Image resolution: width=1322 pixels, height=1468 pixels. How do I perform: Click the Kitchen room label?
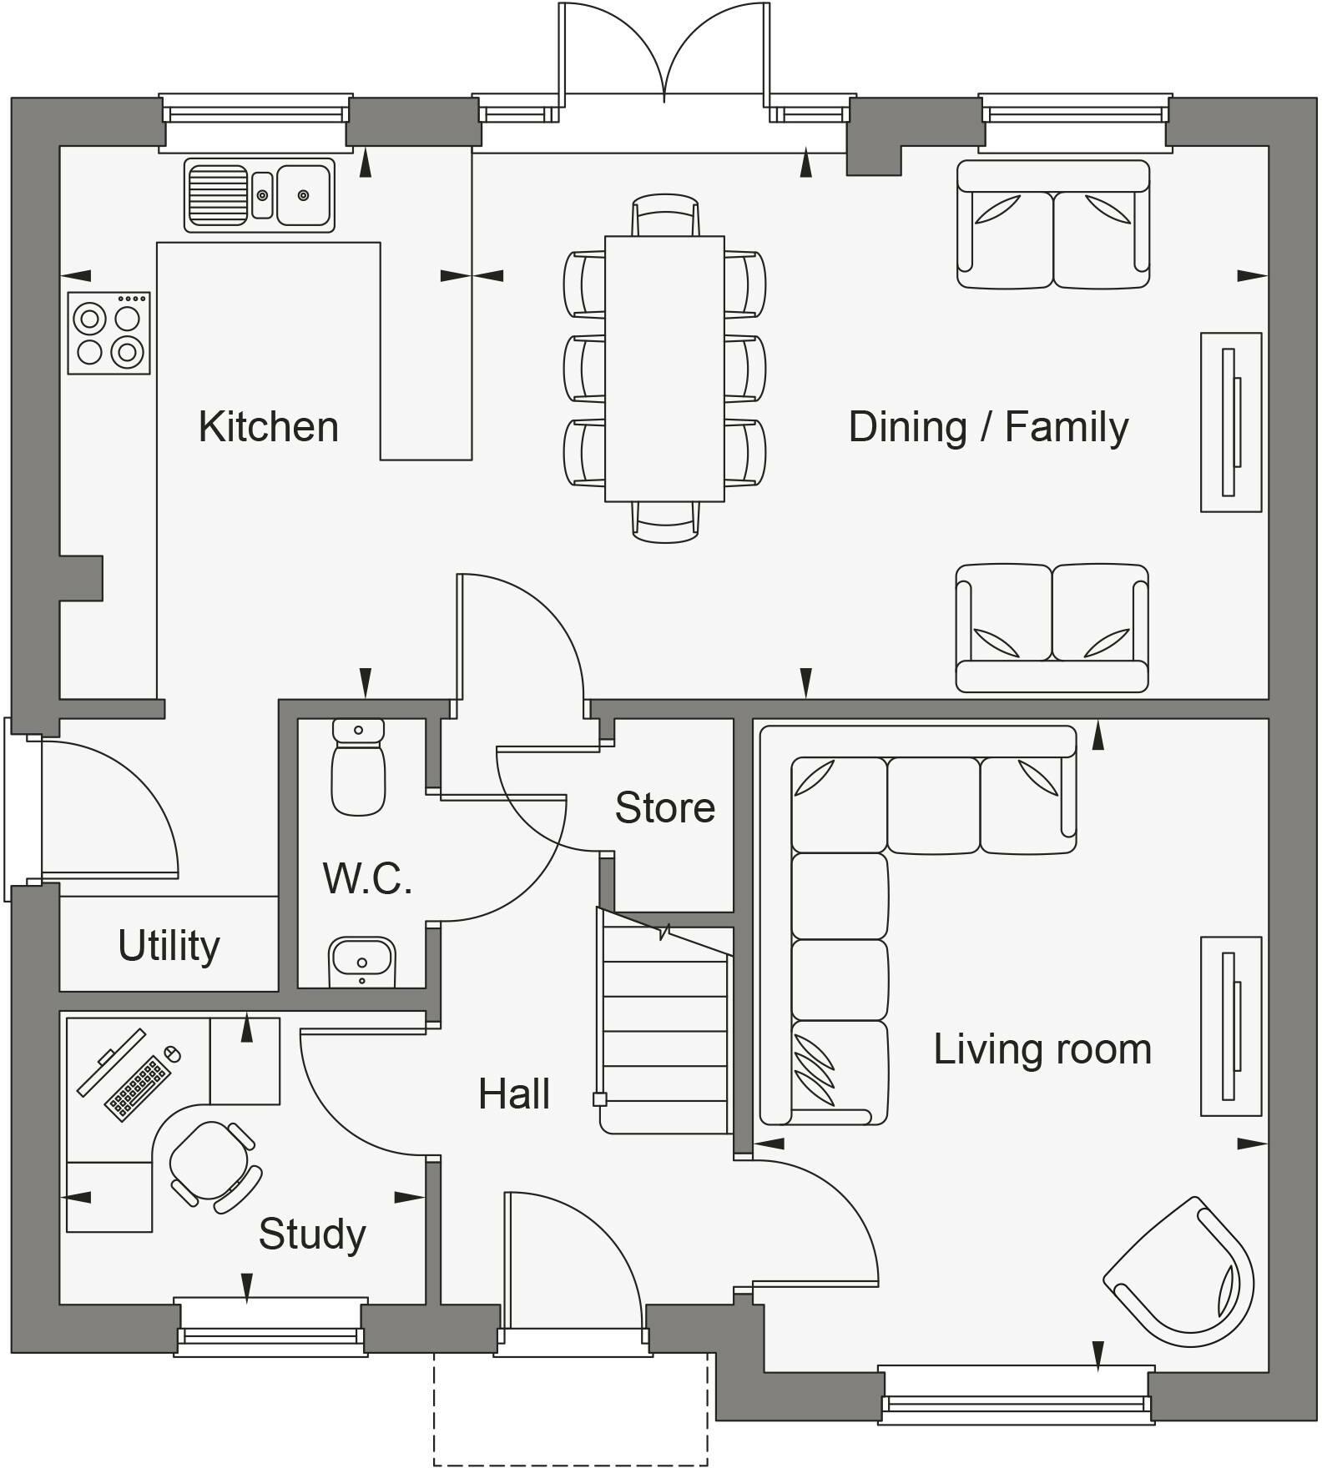(x=269, y=426)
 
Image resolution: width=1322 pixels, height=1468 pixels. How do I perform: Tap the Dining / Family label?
(x=988, y=427)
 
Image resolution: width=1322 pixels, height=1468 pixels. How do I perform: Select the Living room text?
(x=1042, y=1048)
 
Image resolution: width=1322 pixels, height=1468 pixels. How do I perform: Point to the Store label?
(x=665, y=807)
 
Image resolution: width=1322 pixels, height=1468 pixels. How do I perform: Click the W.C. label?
(x=368, y=877)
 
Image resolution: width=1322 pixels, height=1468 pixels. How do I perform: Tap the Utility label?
(x=169, y=946)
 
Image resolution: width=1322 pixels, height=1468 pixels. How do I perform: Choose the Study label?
(x=312, y=1234)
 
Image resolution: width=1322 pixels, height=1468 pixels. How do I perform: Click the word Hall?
(x=514, y=1093)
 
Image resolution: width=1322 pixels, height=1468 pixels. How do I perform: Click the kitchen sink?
(x=260, y=195)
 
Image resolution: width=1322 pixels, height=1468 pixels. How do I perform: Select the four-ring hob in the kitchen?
(x=108, y=333)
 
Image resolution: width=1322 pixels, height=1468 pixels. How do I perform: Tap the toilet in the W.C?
(x=359, y=767)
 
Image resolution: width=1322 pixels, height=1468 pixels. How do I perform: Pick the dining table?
(x=664, y=369)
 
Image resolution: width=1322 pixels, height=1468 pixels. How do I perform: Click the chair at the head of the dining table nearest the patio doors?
(x=665, y=215)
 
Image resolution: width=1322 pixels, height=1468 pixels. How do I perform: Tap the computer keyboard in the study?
(x=138, y=1088)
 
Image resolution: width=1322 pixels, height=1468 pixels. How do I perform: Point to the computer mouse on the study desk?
(x=173, y=1053)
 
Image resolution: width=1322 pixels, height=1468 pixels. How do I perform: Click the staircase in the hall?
(x=665, y=1021)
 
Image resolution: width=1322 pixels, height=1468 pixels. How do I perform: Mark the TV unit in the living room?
(x=1231, y=1026)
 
